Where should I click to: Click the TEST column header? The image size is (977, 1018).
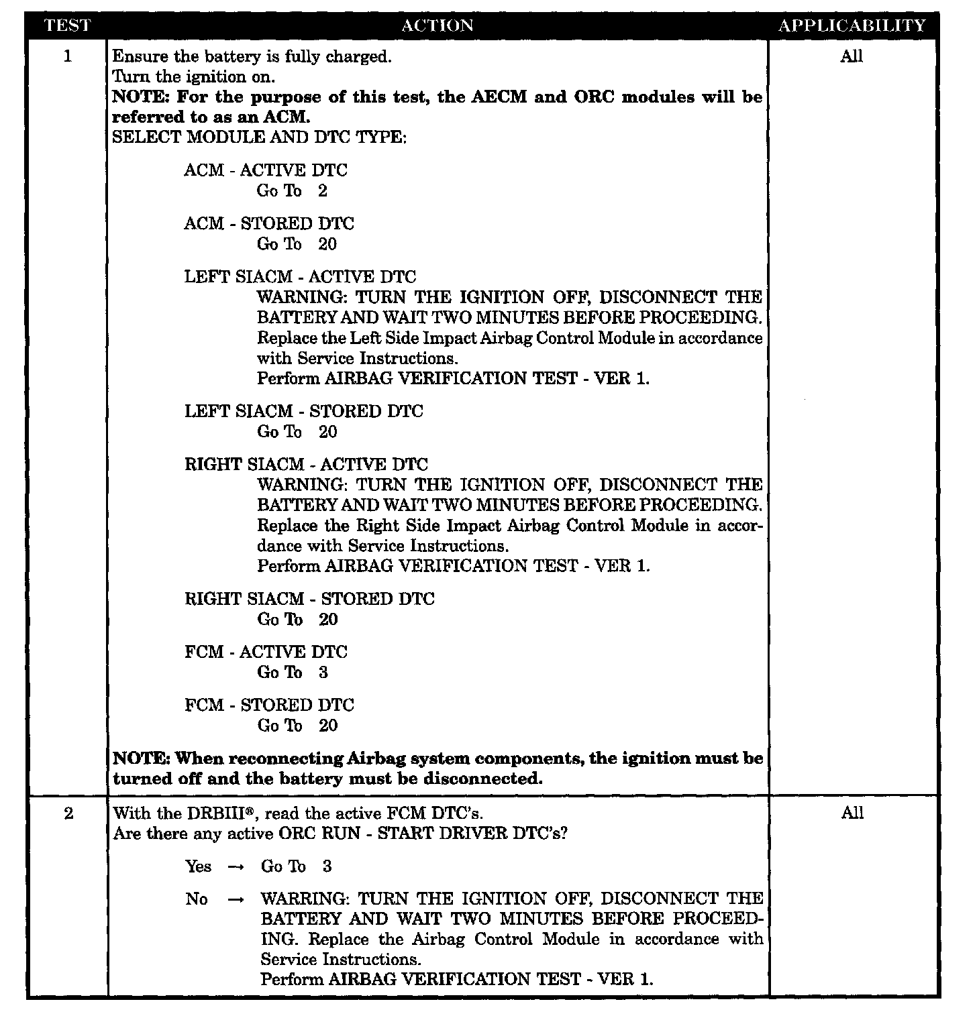67,25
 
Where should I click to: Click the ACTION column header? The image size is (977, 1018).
437,25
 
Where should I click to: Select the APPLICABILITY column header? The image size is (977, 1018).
852,25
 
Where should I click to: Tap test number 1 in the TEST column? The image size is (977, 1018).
67,56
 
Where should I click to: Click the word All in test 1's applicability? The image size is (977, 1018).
852,56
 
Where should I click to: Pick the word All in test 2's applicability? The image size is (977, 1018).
852,813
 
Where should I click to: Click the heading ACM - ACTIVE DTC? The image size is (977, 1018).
266,170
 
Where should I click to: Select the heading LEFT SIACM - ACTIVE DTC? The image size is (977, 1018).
300,277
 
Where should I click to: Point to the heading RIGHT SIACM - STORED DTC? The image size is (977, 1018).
309,599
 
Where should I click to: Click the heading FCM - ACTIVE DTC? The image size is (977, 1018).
266,652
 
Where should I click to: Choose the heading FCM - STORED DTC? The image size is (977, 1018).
269,705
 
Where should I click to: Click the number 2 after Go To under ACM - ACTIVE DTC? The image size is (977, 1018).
323,191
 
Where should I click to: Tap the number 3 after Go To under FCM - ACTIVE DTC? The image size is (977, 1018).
323,673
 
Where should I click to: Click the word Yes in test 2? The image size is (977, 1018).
198,866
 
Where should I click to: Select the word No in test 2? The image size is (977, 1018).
197,899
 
